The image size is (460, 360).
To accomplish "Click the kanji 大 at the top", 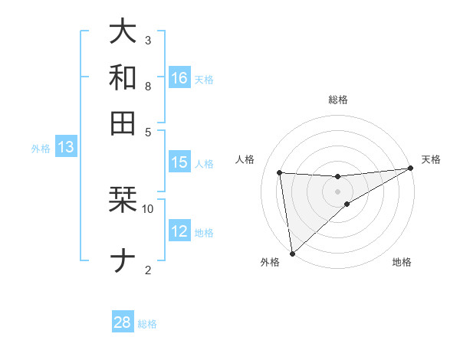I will point(123,31).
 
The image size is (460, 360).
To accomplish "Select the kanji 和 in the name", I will point(123,77).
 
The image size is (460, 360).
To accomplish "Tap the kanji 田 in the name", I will point(123,123).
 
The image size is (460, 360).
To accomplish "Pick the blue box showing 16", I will point(179,77).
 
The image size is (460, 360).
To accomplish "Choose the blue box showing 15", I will point(179,162).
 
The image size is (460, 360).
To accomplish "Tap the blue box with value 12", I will point(179,231).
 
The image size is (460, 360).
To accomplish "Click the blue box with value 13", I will point(66,147).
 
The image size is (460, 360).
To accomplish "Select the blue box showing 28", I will point(123,322).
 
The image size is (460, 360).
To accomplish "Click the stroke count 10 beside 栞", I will point(148,208).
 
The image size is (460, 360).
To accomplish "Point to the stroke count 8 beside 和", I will point(148,86).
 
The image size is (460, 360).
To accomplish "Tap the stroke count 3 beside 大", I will point(148,40).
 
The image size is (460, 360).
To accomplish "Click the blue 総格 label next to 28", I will point(147,324).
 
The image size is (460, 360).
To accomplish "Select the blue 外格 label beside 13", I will point(41,149).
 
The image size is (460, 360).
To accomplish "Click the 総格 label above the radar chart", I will point(337,100).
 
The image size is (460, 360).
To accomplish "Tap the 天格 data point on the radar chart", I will point(410,169).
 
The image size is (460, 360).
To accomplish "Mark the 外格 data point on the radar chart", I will point(292,253).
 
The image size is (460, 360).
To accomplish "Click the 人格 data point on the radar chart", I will point(280,172).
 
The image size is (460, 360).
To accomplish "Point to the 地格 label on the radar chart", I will point(402,263).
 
